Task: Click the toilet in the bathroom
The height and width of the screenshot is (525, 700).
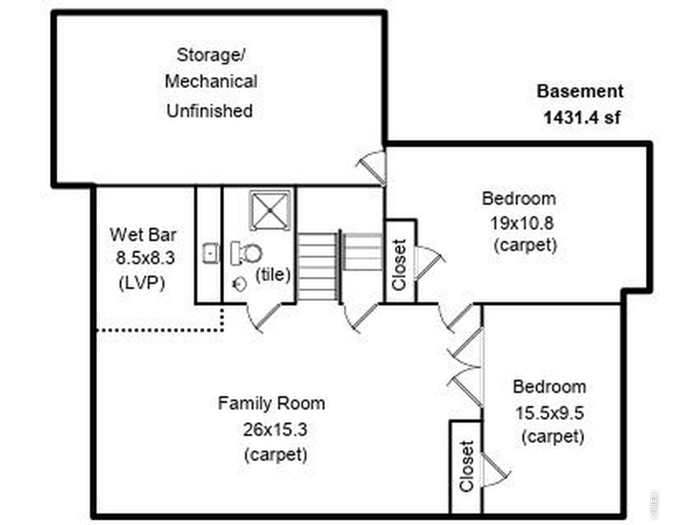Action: (x=246, y=253)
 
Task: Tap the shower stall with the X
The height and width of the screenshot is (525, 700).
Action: (x=270, y=211)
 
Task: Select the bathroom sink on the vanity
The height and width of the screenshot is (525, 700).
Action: (x=211, y=253)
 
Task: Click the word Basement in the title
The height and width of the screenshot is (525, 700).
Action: (x=580, y=91)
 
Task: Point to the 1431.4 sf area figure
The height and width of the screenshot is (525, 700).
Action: (x=582, y=117)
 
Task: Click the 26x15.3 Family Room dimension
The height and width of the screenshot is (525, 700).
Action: (x=275, y=429)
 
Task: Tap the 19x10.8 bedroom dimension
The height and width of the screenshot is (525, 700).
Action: (x=522, y=223)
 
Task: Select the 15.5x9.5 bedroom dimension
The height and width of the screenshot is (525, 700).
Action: (x=550, y=413)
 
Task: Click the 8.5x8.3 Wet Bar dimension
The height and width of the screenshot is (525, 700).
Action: (x=145, y=258)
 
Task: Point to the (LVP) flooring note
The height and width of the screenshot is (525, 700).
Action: (x=142, y=283)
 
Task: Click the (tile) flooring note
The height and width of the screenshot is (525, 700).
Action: (x=273, y=275)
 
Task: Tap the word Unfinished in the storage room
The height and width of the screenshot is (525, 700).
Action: (x=209, y=111)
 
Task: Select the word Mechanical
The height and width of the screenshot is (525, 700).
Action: (x=211, y=81)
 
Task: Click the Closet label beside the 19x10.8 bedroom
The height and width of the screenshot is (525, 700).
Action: (x=399, y=265)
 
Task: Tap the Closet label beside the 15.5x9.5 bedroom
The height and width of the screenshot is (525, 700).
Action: (x=466, y=466)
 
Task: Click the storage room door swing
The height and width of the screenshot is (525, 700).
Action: (x=371, y=167)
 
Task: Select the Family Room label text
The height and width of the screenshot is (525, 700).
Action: (x=271, y=403)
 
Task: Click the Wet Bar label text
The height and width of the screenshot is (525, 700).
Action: (x=143, y=235)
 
